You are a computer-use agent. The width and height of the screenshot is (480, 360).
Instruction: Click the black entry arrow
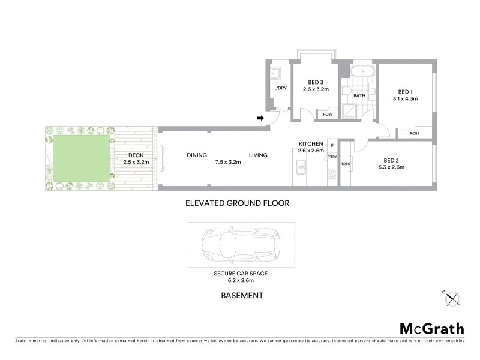click(261, 118)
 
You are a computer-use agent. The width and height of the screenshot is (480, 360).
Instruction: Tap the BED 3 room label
click(316, 82)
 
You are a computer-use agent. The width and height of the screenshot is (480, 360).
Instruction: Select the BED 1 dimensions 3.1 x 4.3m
click(405, 98)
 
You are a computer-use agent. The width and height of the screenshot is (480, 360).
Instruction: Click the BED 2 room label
click(391, 160)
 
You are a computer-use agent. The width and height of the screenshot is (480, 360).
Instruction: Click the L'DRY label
click(280, 88)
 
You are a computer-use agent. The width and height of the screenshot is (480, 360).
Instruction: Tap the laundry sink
click(276, 74)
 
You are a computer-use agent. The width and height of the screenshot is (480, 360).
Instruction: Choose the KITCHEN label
click(311, 144)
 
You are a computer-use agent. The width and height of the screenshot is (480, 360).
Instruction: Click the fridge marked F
click(332, 146)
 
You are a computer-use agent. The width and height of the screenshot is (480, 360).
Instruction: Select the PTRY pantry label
click(332, 157)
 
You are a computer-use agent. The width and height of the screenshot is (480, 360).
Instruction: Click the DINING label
click(196, 155)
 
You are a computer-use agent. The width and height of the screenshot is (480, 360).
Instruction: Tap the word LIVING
click(258, 155)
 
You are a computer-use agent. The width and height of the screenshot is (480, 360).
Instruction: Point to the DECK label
click(136, 155)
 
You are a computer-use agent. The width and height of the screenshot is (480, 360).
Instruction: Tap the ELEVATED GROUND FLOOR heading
click(237, 203)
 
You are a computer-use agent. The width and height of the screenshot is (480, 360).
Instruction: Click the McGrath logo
click(431, 328)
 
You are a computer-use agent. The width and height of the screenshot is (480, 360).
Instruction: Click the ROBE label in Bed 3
click(328, 114)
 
